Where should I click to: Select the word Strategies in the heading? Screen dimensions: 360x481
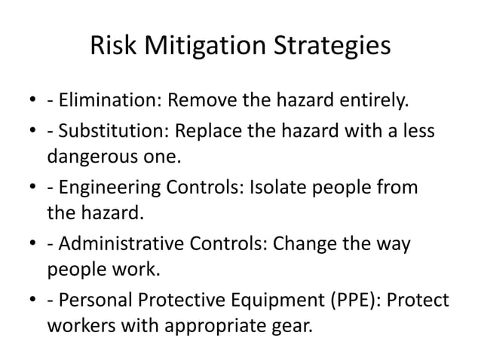coord(331,47)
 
